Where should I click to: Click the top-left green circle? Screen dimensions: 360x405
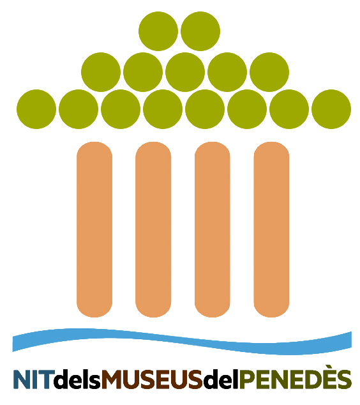click(x=158, y=31)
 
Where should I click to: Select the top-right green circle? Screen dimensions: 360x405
click(x=200, y=31)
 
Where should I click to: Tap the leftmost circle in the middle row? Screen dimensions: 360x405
click(x=101, y=72)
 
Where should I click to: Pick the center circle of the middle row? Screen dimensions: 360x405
click(x=185, y=72)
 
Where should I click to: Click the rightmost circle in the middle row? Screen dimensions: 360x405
click(x=269, y=72)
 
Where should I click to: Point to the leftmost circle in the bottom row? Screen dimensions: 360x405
click(x=36, y=109)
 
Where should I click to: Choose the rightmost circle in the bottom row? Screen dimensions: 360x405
click(x=331, y=109)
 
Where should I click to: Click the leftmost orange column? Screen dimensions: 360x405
click(x=94, y=229)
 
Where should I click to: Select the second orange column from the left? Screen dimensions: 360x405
click(x=153, y=229)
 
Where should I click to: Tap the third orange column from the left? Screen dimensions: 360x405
click(x=213, y=229)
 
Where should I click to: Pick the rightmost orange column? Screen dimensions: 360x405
click(x=271, y=229)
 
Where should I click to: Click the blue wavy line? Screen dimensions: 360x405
click(x=182, y=342)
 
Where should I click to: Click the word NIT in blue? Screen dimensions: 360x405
click(x=34, y=379)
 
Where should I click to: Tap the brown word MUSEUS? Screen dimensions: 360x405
click(x=152, y=379)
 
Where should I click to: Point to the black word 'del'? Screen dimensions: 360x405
click(x=221, y=379)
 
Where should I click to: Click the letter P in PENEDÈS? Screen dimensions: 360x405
click(x=246, y=379)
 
